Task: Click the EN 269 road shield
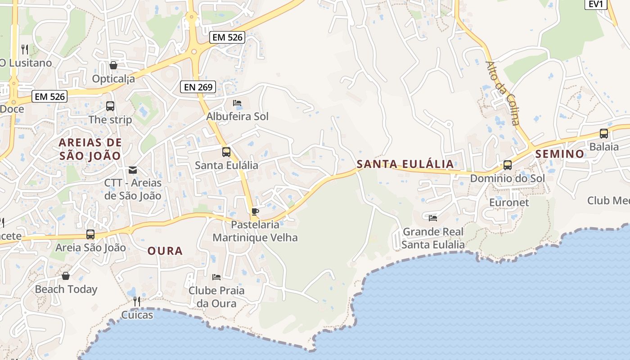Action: tap(198, 87)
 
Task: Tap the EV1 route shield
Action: tap(596, 4)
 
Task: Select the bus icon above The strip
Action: tap(110, 106)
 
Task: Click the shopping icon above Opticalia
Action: tap(113, 65)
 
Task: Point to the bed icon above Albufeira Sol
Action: tap(237, 103)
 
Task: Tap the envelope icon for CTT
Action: tap(133, 170)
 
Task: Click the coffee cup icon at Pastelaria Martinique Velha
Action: tap(255, 211)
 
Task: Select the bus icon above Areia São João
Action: tap(90, 234)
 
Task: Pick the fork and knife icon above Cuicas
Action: tap(137, 301)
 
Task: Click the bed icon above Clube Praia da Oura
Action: tap(216, 277)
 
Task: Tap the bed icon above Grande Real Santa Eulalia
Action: tap(433, 218)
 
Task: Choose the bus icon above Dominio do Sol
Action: tap(508, 165)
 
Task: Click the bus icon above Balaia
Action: tap(604, 134)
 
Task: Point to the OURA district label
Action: tap(165, 251)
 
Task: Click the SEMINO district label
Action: tap(560, 154)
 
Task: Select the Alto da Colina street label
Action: tap(503, 93)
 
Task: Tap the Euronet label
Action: tap(509, 202)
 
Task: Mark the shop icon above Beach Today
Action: tap(66, 276)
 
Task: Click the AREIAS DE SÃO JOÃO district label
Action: tap(90, 149)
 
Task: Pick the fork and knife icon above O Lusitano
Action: tap(25, 49)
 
